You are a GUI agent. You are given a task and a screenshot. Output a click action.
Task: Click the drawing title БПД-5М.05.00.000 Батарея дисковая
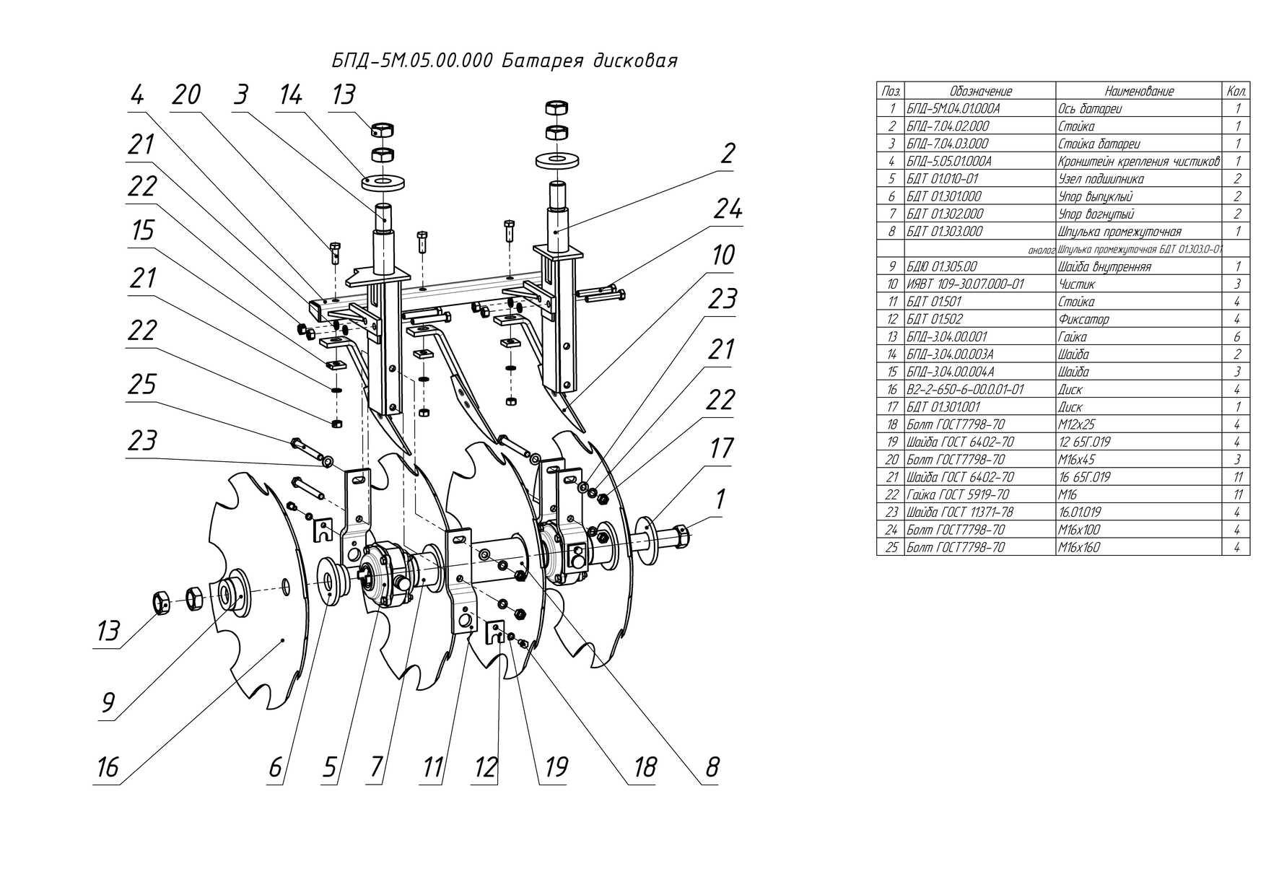(505, 61)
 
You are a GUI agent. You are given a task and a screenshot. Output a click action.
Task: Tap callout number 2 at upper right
(728, 153)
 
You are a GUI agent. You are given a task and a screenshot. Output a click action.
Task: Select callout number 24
(728, 209)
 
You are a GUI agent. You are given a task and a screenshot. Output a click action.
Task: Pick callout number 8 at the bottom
(712, 767)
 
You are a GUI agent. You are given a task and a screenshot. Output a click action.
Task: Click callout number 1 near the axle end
(720, 499)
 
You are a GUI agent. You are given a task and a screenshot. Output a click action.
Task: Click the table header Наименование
(1139, 92)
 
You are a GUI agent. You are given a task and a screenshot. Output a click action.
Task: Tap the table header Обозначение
(980, 92)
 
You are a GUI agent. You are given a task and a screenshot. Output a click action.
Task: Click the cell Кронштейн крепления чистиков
(1139, 161)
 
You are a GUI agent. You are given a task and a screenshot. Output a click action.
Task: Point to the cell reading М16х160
(1079, 547)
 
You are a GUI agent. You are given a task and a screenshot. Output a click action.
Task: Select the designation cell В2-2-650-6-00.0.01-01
(965, 390)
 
